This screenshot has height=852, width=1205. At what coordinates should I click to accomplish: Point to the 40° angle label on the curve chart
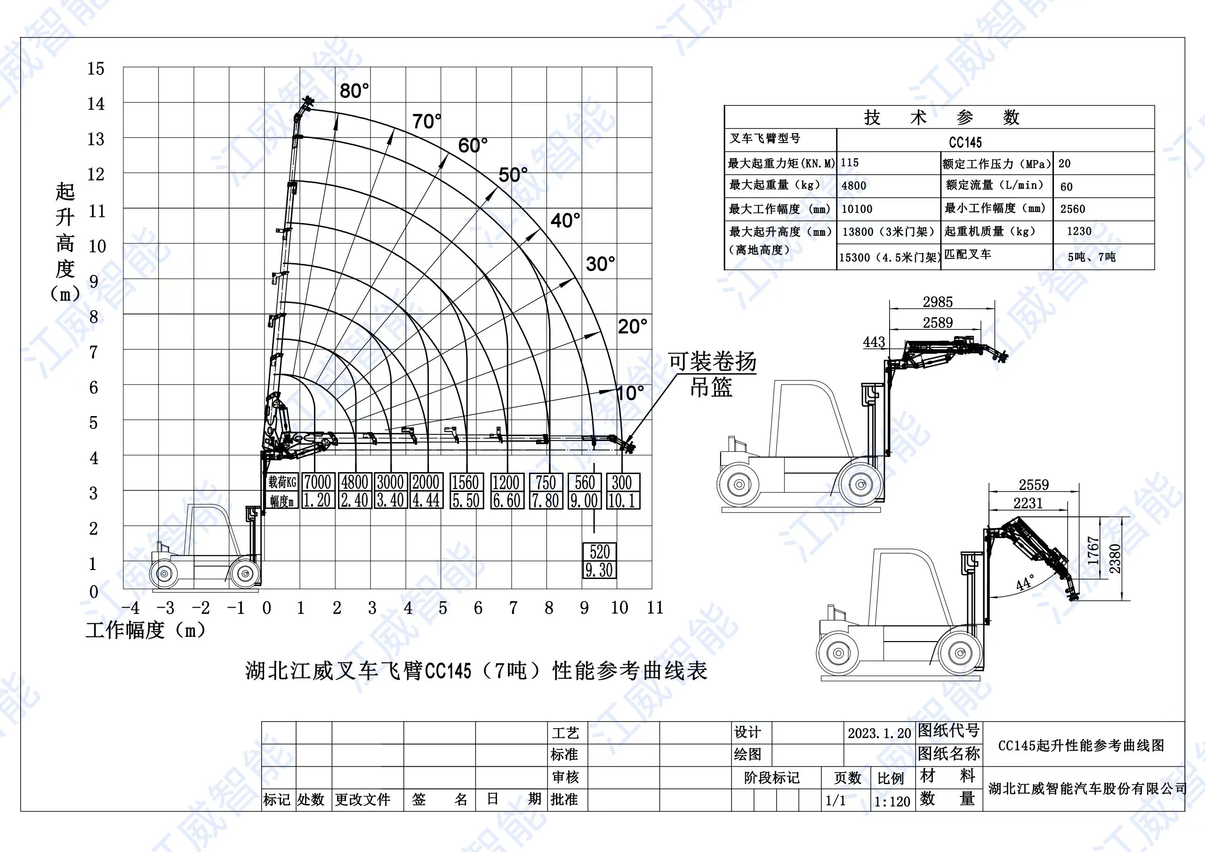(x=565, y=220)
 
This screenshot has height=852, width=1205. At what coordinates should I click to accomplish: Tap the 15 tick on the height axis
(x=96, y=68)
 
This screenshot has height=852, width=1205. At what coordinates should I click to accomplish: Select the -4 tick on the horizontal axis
(x=130, y=608)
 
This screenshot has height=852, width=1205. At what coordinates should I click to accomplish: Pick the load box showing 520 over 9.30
(x=599, y=561)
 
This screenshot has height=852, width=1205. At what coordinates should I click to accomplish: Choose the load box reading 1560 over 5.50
(x=466, y=491)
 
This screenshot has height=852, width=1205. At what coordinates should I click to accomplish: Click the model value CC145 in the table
(x=964, y=142)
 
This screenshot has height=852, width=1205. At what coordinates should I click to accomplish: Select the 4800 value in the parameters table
(x=854, y=186)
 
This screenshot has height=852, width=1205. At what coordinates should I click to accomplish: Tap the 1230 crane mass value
(x=1079, y=232)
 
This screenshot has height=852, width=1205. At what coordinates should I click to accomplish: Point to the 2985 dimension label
(x=937, y=302)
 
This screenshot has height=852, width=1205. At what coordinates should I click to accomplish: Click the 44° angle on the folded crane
(x=1024, y=583)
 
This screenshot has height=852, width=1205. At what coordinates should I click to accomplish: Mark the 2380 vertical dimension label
(x=1115, y=559)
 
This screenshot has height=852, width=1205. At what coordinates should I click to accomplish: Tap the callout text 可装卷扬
(x=712, y=362)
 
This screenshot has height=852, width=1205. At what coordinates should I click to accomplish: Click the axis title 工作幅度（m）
(x=145, y=630)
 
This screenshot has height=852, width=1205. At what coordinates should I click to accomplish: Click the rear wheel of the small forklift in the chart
(x=164, y=573)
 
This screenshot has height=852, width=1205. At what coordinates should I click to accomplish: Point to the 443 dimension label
(x=874, y=342)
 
